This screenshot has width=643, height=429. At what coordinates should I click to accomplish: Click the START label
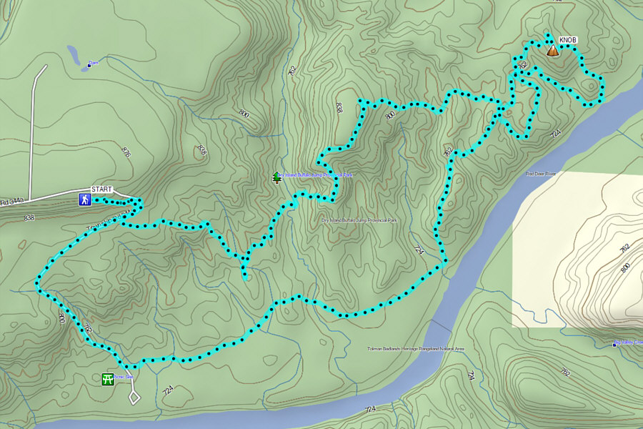(102, 189)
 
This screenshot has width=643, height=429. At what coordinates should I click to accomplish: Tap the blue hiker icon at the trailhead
(85, 199)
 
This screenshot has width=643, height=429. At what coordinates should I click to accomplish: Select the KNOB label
(568, 40)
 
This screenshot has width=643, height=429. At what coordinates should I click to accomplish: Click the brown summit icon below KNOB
(552, 51)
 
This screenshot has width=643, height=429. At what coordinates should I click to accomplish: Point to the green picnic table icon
(107, 379)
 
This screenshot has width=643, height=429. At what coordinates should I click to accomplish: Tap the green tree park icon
(276, 177)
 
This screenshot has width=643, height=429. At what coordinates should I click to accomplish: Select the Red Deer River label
(541, 173)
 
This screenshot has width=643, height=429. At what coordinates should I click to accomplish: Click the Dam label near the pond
(93, 63)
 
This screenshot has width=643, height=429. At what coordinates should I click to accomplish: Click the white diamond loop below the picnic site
(134, 394)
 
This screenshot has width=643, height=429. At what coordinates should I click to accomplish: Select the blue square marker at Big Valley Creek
(615, 345)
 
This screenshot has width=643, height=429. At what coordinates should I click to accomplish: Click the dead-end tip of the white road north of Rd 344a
(45, 66)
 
